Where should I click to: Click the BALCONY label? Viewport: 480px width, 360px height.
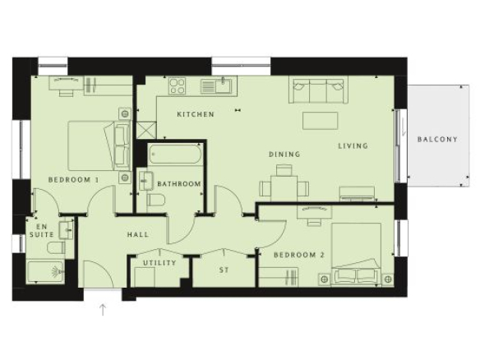(x=437, y=139)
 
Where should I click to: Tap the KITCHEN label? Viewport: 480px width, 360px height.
(x=196, y=114)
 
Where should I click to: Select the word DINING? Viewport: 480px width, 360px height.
(x=284, y=155)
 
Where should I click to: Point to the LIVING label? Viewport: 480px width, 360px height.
(x=353, y=146)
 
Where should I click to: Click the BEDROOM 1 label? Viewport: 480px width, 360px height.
(x=74, y=180)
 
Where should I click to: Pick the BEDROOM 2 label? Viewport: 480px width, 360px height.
(x=299, y=255)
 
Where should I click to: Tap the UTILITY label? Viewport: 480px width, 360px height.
(x=159, y=263)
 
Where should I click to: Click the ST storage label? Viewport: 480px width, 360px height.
(x=224, y=270)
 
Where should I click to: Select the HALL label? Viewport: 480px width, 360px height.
(x=138, y=235)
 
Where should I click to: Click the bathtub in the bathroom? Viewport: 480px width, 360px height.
(x=175, y=155)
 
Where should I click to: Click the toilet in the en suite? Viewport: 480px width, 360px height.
(x=57, y=247)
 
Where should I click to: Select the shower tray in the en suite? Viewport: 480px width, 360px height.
(x=45, y=272)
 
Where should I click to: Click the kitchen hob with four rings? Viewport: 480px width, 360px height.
(x=178, y=85)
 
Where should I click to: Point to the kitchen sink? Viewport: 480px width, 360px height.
(x=219, y=85)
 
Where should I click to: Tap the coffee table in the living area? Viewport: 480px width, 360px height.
(x=321, y=121)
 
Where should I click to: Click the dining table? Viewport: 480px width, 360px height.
(x=284, y=187)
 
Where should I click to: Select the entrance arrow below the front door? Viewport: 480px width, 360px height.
(x=103, y=310)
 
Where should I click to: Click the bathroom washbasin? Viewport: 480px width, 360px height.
(x=146, y=181)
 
